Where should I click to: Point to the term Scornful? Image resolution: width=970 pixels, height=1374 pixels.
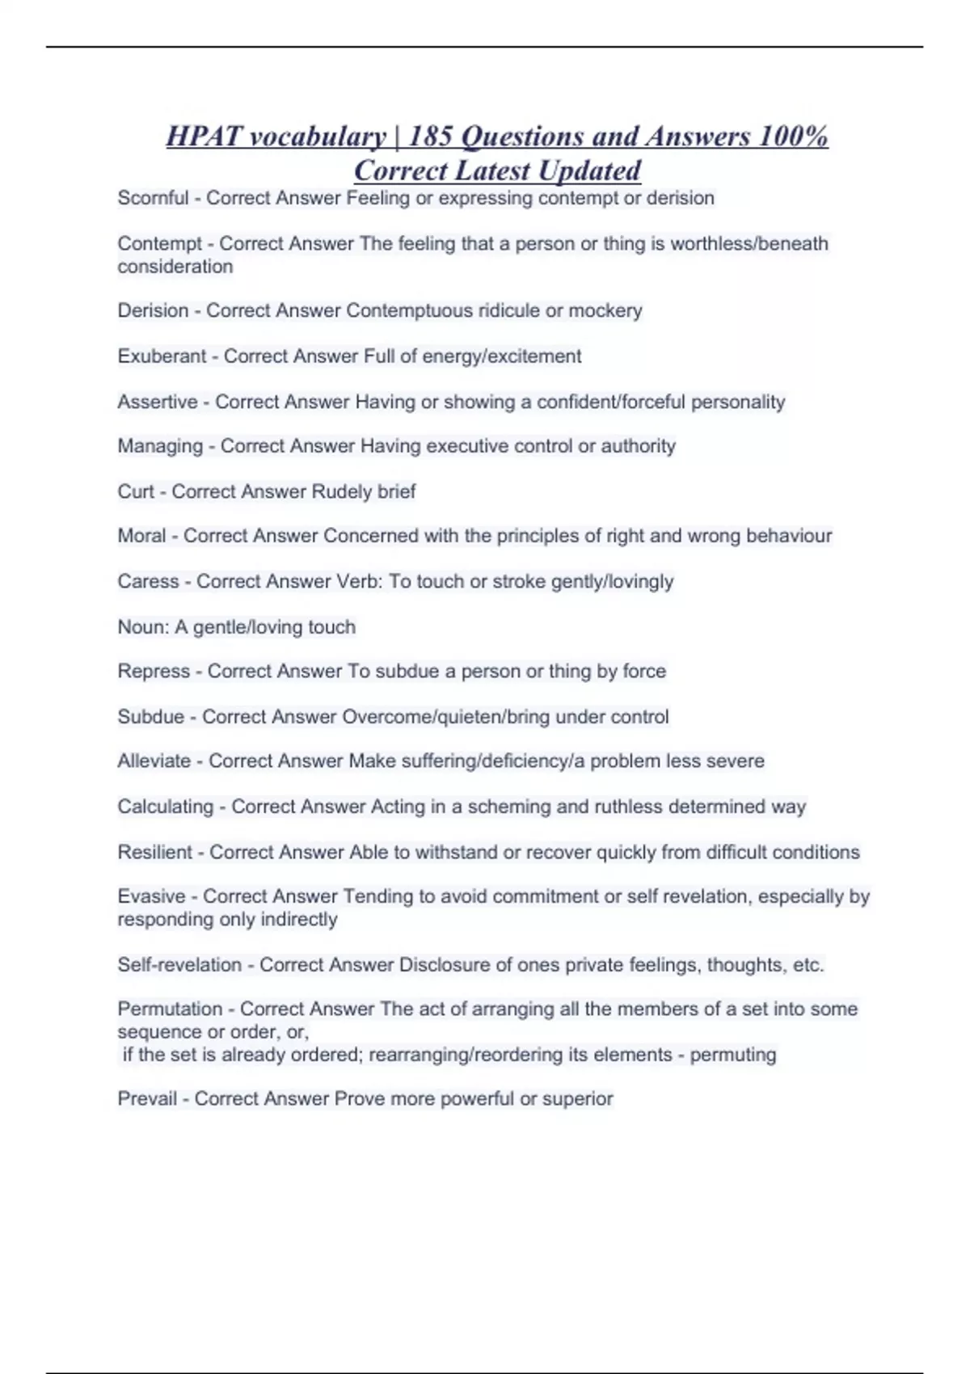153,198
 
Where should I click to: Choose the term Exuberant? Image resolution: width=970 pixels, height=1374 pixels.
162,356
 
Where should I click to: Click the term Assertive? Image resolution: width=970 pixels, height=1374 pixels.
158,402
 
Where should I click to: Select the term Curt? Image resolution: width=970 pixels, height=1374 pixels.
136,491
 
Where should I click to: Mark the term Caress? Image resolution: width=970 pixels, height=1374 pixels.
148,581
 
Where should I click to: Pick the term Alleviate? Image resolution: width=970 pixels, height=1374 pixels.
154,761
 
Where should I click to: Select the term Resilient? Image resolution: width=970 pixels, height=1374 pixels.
155,852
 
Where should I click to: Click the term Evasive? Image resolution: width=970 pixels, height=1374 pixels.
151,896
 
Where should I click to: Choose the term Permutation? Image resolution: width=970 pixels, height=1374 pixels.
170,1009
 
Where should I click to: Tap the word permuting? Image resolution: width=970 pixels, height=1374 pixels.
732,1055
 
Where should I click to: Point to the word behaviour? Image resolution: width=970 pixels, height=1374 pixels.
789,536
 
